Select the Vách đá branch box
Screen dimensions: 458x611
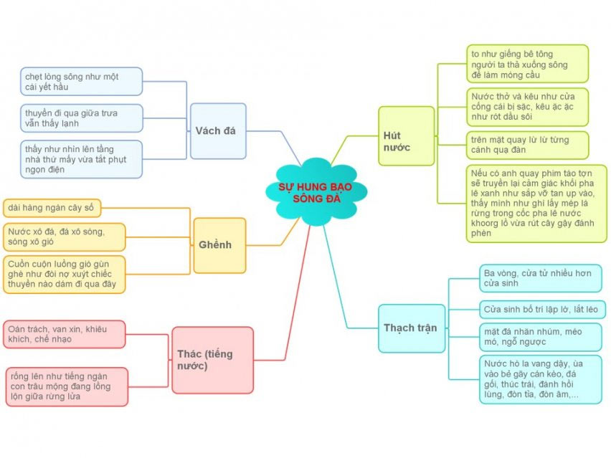218,130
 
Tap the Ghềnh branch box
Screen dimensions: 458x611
219,245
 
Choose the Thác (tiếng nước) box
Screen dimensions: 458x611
212,360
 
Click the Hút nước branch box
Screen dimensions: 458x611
406,136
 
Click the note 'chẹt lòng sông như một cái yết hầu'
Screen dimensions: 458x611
81,82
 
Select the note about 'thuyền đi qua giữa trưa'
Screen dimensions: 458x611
81,118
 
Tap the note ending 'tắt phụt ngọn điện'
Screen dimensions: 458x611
81,159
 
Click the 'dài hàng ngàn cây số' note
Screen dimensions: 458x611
52,209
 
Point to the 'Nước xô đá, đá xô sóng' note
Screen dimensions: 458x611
64,237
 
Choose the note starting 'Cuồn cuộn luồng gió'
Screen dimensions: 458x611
64,274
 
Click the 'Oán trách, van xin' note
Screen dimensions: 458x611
64,334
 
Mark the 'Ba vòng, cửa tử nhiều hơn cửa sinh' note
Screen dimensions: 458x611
539,278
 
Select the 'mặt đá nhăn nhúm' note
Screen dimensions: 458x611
539,338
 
